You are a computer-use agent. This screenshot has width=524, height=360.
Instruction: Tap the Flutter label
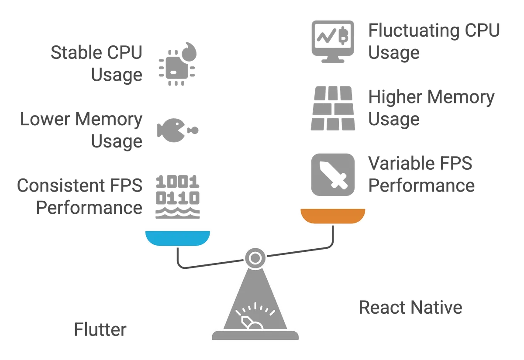(100, 330)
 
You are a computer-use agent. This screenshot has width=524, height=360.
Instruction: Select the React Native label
(410, 307)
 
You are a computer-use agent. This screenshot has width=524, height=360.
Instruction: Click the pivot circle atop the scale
(253, 258)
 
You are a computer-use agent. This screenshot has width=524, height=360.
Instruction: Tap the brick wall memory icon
(331, 108)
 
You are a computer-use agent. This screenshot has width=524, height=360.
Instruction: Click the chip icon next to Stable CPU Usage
(177, 64)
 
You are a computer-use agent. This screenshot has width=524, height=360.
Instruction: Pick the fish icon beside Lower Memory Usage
(177, 130)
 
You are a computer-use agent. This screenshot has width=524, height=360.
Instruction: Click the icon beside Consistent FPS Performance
(178, 196)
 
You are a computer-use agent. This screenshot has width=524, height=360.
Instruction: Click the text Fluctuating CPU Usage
(434, 42)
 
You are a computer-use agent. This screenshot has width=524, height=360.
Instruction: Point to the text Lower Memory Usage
(82, 130)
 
